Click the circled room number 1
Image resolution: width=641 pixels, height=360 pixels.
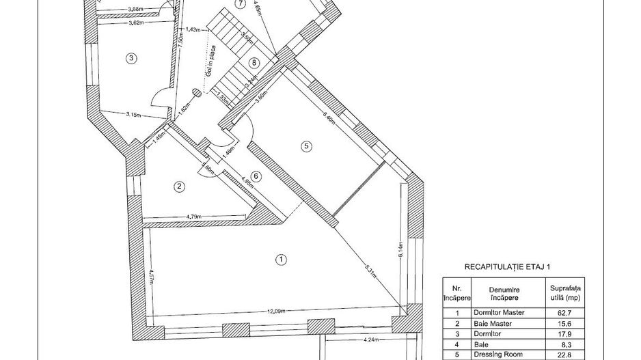tap(279, 259)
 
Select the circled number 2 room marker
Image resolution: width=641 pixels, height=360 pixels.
tap(179, 186)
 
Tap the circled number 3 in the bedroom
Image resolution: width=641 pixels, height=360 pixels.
tap(131, 58)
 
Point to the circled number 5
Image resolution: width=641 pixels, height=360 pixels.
tap(306, 146)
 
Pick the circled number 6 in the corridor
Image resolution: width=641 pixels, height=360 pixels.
tap(256, 176)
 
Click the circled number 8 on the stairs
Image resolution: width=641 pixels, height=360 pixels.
tap(254, 63)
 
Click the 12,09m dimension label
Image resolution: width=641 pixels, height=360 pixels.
tap(276, 310)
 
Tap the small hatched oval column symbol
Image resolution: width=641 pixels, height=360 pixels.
tap(196, 94)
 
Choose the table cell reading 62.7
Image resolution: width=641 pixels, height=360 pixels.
tap(564, 312)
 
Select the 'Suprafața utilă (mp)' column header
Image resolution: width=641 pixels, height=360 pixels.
tap(565, 294)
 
